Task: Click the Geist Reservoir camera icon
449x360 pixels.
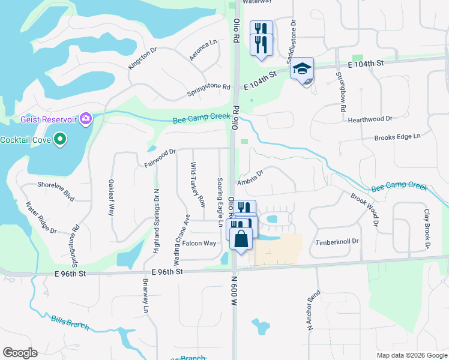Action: point(86,119)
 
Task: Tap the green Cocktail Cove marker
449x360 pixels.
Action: point(59,140)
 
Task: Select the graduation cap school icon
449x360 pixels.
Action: point(303,68)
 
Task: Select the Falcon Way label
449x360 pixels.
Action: point(199,243)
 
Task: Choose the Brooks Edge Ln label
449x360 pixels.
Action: point(397,137)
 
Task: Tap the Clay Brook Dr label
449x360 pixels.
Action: point(427,229)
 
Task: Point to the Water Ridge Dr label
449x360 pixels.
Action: point(40,217)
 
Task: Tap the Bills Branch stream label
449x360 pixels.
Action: point(70,323)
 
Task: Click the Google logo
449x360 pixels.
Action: point(20,353)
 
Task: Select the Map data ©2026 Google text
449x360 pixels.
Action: point(411,355)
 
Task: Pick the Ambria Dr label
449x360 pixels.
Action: point(250,178)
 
